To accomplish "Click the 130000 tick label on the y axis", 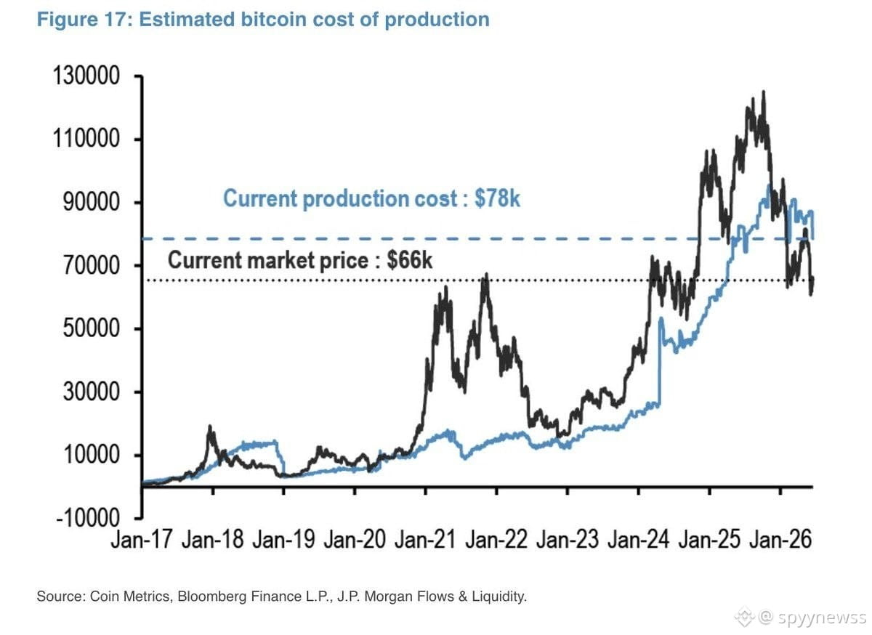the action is [86, 75].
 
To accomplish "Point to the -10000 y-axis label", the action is [88, 518].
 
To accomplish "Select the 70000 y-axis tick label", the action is [91, 265].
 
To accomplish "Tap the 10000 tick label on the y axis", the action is [91, 455].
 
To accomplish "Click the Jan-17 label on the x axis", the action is [141, 539].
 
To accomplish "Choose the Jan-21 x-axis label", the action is [425, 539].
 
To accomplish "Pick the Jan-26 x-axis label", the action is [780, 539].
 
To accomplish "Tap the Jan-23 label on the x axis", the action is [568, 539].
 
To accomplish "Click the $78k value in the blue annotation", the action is [497, 198].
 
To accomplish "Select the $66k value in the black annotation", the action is [410, 259].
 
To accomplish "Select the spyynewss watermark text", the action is [822, 618].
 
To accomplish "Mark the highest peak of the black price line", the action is [764, 92].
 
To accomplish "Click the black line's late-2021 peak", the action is [486, 275].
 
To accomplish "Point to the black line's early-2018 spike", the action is [210, 426].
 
